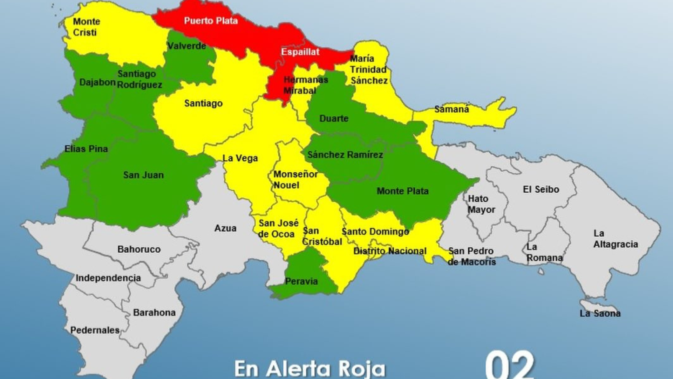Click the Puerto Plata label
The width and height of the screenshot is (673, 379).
click(x=211, y=21)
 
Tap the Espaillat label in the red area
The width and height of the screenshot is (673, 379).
click(x=300, y=52)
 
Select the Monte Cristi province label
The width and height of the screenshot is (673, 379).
click(x=86, y=27)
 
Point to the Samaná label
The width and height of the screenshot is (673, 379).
click(x=451, y=109)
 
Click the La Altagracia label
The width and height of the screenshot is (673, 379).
click(x=615, y=239)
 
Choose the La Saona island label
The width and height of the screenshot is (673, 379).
click(x=600, y=314)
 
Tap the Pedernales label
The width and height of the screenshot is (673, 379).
click(x=95, y=330)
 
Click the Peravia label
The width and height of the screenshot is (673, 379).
click(x=301, y=281)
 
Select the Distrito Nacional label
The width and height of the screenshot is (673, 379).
click(x=390, y=251)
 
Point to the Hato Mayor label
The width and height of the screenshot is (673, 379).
click(x=481, y=204)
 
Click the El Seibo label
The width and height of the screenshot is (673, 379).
click(x=541, y=189)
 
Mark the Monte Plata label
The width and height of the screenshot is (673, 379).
click(x=402, y=191)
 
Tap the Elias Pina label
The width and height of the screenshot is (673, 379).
click(x=86, y=149)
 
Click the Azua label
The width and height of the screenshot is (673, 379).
click(x=225, y=228)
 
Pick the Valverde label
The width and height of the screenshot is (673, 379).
click(x=186, y=46)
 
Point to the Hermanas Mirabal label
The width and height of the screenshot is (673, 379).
click(x=305, y=85)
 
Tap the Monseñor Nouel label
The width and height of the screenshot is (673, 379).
click(x=295, y=180)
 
